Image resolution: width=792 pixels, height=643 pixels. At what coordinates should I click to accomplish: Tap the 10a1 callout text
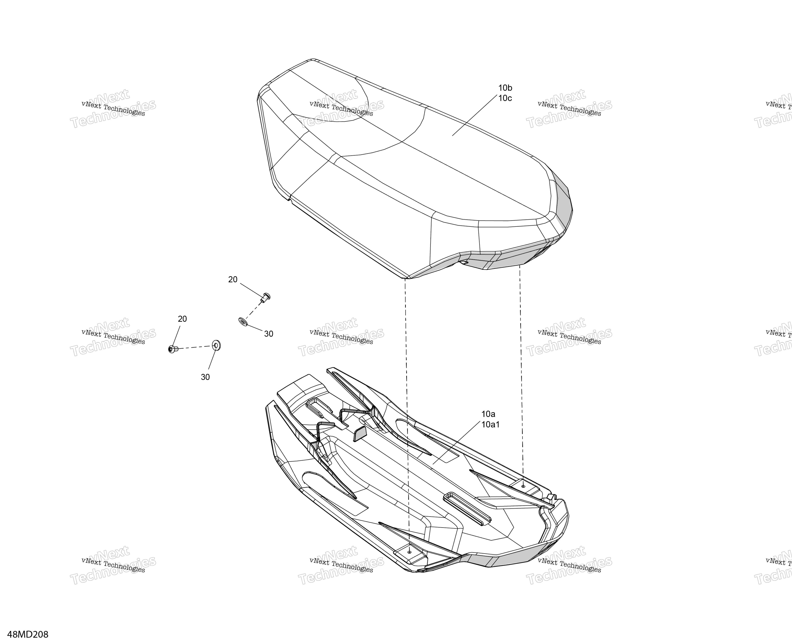click(x=490, y=424)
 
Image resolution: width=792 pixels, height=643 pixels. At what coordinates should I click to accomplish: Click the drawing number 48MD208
click(x=28, y=635)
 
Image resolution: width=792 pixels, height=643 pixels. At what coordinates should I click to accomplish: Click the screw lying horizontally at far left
click(x=173, y=349)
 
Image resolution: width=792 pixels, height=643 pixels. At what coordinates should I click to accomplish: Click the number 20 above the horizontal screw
click(x=182, y=319)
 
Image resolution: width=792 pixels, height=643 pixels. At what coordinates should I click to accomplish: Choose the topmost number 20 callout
click(x=233, y=280)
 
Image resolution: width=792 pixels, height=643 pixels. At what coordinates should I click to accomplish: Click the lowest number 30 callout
click(x=205, y=377)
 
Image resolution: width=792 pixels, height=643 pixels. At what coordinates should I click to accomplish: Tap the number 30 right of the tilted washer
click(x=269, y=334)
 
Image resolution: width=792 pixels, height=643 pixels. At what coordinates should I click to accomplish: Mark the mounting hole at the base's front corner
click(x=409, y=552)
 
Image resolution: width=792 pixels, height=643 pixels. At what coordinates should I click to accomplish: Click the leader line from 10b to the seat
click(x=474, y=115)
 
